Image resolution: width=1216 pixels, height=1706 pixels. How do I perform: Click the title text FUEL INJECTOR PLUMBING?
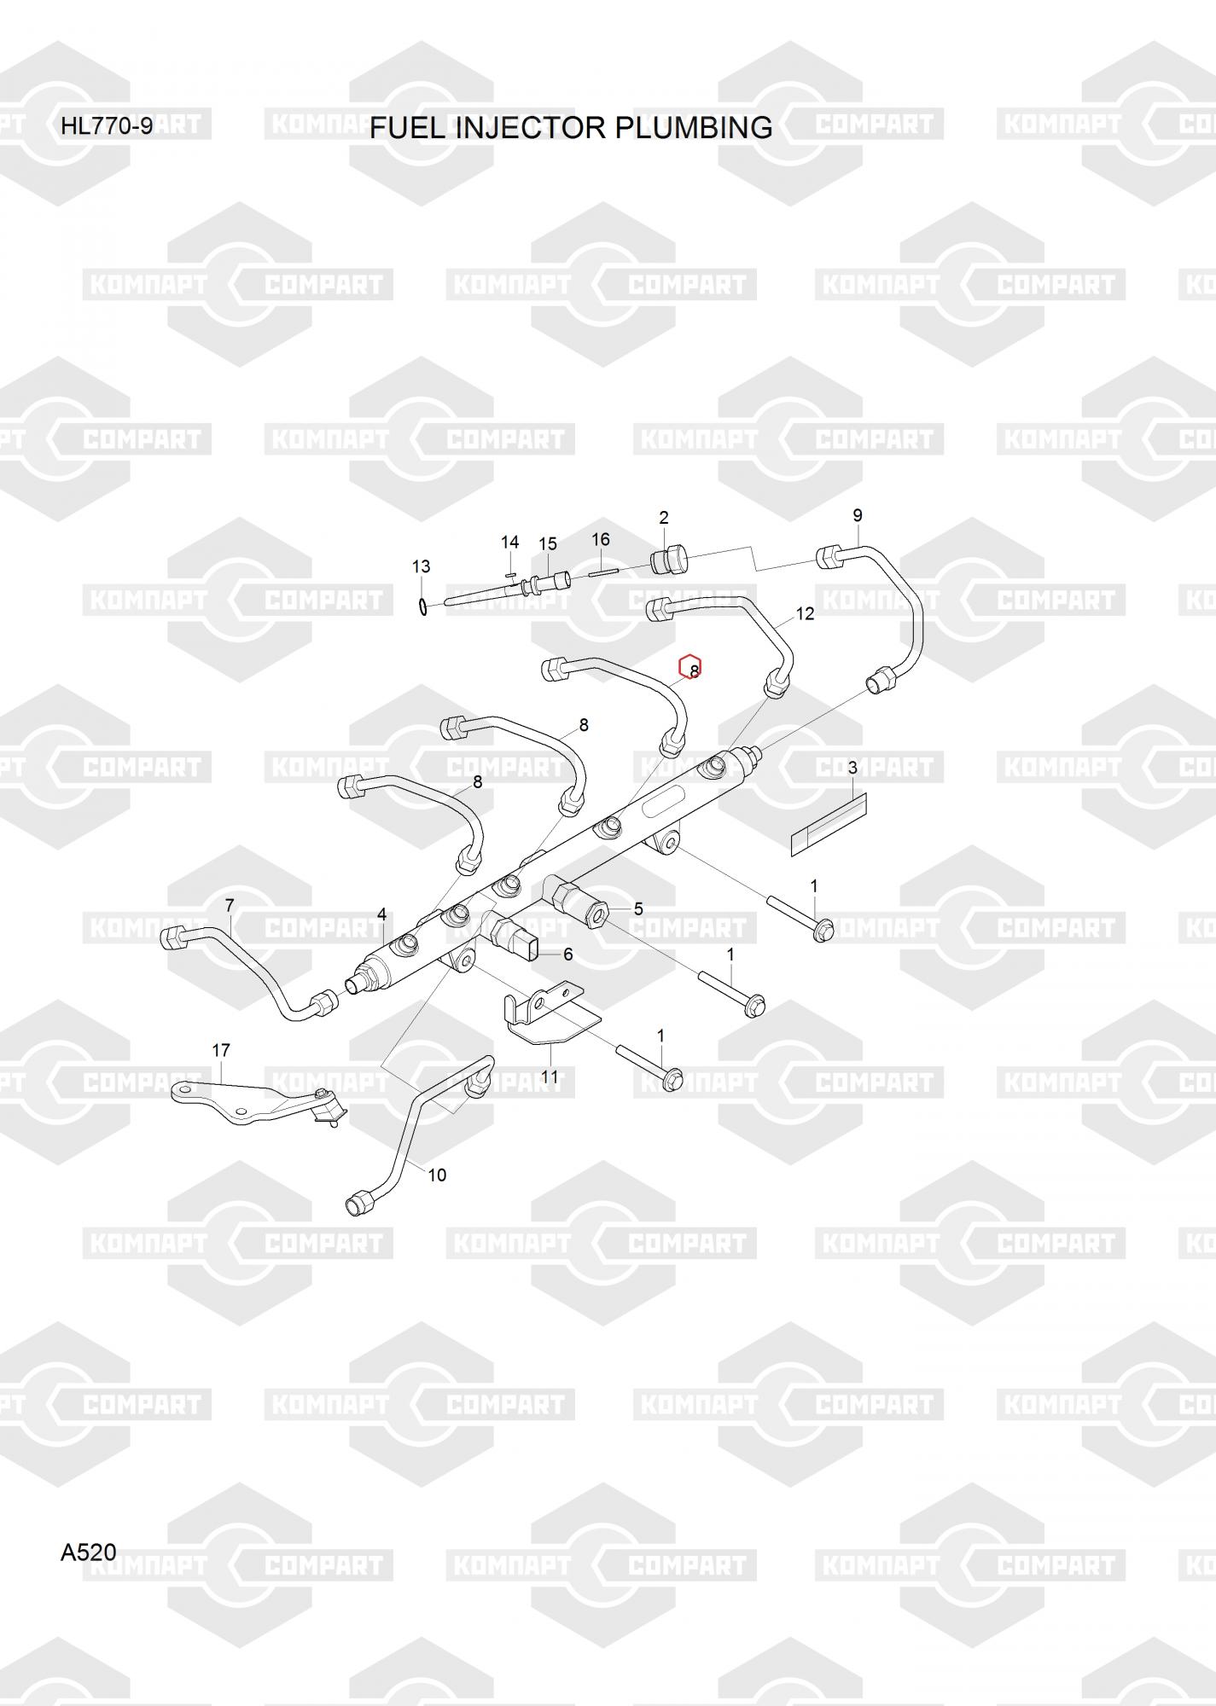(571, 127)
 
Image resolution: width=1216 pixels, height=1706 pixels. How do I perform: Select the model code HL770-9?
(107, 126)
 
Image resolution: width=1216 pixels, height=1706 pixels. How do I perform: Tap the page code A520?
(88, 1552)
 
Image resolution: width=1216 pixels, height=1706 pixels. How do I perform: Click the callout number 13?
(421, 566)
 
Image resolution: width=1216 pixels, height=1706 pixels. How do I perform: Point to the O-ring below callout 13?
(422, 606)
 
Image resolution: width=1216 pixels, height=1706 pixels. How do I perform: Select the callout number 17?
(221, 1050)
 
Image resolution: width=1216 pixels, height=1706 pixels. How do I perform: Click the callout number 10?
(437, 1175)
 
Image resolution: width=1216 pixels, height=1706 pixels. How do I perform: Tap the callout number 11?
(550, 1077)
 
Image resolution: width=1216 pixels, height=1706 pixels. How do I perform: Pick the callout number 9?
(858, 515)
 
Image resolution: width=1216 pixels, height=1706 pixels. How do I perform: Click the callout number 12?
(806, 613)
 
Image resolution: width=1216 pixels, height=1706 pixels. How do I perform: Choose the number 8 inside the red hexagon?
(694, 671)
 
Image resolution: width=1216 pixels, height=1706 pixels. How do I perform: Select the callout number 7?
(230, 905)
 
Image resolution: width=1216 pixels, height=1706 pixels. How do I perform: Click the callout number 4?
(382, 914)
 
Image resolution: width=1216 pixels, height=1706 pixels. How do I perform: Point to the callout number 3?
(852, 769)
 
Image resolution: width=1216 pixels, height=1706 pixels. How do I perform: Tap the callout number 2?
(664, 518)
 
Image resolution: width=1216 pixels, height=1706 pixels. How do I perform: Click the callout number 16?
(601, 539)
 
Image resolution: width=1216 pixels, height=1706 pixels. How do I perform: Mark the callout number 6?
(568, 955)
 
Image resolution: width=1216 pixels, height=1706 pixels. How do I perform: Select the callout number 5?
(638, 909)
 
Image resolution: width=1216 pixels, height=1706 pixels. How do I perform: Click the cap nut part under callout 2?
(669, 560)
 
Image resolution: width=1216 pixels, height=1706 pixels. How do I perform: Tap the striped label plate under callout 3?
(829, 822)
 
